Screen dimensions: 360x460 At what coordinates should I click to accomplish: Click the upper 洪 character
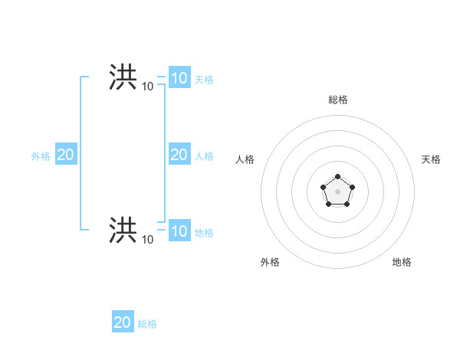(123, 77)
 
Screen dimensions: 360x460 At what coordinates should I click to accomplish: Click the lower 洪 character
(123, 229)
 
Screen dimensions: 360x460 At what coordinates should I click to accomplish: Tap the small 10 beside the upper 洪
(147, 87)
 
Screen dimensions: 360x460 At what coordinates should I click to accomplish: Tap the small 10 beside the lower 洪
(147, 240)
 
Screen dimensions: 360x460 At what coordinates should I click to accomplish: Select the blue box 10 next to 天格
(179, 78)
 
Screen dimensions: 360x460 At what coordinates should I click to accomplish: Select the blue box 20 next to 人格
(179, 155)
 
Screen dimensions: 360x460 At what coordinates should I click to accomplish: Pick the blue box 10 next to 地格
(179, 231)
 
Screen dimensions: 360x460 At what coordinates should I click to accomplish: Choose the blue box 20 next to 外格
(65, 155)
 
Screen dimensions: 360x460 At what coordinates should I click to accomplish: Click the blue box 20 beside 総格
(122, 322)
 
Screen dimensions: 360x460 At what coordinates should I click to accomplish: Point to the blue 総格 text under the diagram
(147, 324)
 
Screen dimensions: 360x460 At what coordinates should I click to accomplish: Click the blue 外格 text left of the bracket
(41, 156)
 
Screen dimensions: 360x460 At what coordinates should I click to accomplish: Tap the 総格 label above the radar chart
(338, 100)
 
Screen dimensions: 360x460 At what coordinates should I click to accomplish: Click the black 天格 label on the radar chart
(431, 159)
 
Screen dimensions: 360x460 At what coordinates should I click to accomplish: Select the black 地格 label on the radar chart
(402, 262)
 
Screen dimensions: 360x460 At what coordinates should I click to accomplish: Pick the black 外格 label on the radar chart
(270, 262)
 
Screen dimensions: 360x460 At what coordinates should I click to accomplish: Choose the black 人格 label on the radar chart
(245, 159)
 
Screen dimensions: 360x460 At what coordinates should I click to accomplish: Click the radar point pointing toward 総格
(338, 177)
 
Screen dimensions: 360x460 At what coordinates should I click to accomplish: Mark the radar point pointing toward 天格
(353, 187)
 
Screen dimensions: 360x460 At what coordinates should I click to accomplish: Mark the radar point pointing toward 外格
(329, 205)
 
